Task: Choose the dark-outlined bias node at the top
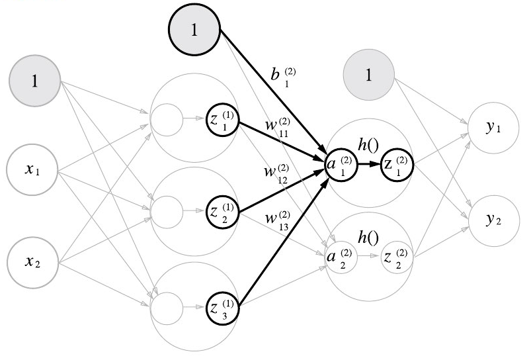[194, 31]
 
